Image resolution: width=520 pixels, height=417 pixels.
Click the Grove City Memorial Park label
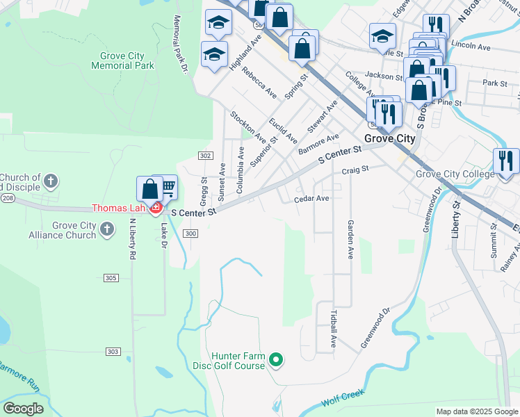point(122,60)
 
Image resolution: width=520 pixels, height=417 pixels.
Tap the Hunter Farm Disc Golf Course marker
point(276,359)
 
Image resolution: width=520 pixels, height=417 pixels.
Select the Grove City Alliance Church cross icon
point(106,229)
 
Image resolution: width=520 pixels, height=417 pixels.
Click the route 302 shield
point(204,155)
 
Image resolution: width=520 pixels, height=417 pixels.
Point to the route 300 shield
point(191,234)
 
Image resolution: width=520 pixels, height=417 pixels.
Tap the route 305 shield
point(111,278)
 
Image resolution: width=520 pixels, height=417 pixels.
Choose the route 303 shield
point(113,352)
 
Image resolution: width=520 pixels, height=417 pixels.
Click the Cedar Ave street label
point(311,199)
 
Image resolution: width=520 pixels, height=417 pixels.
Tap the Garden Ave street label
point(350,240)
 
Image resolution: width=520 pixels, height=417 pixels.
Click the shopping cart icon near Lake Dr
point(168,186)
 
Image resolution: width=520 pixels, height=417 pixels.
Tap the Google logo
point(23,409)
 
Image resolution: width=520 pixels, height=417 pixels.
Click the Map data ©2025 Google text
point(477,411)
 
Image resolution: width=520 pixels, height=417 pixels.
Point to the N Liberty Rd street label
point(132,240)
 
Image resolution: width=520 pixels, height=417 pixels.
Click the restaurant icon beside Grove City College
point(505,161)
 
